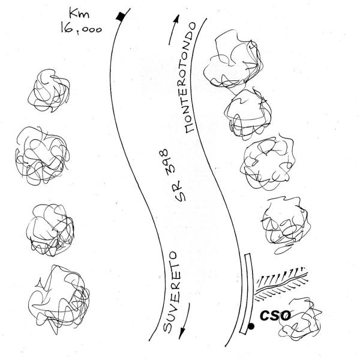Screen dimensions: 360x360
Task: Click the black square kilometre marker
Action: (x=121, y=16)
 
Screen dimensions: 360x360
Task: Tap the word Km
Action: (x=79, y=14)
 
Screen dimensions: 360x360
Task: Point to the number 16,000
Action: (x=81, y=29)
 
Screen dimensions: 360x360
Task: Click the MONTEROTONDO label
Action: (x=190, y=77)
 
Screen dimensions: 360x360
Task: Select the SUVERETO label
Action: (x=170, y=292)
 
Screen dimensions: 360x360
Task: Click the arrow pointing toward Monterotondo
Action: (x=174, y=30)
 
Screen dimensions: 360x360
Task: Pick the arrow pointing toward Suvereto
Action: (x=185, y=321)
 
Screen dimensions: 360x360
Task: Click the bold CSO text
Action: (x=275, y=315)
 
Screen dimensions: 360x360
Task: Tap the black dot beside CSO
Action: (x=251, y=326)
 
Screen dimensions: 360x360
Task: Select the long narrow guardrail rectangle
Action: (x=247, y=293)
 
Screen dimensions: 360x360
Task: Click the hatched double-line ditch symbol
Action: (x=282, y=284)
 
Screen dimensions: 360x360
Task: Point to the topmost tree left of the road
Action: (x=49, y=90)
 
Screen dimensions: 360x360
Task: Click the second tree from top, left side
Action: (x=42, y=155)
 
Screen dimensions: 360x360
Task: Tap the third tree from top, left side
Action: (x=50, y=230)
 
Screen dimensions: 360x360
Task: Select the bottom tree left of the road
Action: (x=59, y=298)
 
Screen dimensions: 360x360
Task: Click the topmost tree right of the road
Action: (x=233, y=61)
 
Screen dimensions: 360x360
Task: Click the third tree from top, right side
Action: (x=268, y=162)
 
